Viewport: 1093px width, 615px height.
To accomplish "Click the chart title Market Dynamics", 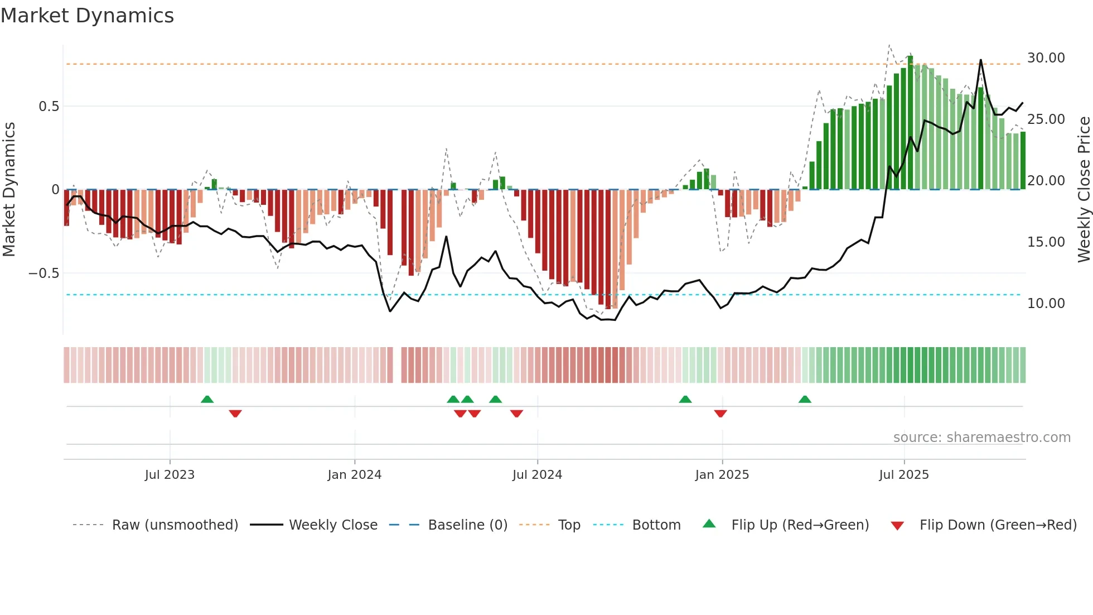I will coord(87,16).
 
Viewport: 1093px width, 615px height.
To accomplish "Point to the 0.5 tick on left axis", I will coord(49,107).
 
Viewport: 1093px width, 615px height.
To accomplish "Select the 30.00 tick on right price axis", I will coord(1046,58).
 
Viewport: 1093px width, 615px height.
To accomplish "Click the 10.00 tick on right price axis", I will coord(1046,304).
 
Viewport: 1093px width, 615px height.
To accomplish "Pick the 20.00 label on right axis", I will coord(1046,181).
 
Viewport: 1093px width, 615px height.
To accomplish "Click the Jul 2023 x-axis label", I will coord(170,475).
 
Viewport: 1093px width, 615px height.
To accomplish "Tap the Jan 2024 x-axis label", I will coord(354,475).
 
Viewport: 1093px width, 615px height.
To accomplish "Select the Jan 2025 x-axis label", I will coord(722,475).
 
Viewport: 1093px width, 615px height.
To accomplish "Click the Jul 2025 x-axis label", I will coord(903,475).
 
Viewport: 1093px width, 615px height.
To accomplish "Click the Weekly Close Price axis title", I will coord(1084,189).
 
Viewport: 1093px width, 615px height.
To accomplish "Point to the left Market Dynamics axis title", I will coord(9,189).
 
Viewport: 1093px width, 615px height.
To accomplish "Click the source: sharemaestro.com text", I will coord(981,438).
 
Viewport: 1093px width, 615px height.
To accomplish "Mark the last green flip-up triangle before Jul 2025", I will coord(804,400).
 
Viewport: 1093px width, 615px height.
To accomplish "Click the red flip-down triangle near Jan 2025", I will coord(720,414).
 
